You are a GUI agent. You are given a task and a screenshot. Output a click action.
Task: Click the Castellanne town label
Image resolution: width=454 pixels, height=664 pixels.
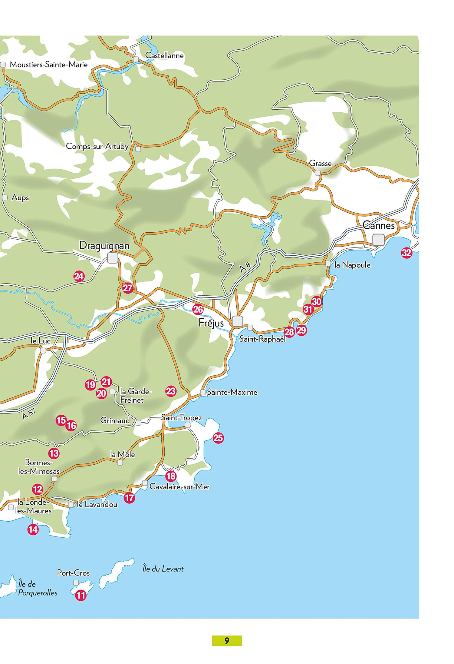[x=164, y=55]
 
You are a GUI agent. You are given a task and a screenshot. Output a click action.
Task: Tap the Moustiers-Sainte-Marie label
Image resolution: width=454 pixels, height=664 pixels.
[x=49, y=65]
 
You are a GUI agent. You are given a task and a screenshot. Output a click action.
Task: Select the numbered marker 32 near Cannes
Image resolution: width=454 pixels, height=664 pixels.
[x=406, y=253]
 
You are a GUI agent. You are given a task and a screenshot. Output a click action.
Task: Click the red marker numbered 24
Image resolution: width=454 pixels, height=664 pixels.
[x=79, y=276]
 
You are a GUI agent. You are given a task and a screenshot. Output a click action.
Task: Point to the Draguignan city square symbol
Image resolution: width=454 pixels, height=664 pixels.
[x=113, y=258]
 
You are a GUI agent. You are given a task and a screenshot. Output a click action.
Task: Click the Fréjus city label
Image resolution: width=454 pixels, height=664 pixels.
[x=211, y=323]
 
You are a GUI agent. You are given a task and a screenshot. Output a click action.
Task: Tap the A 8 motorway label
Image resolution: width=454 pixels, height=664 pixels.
[x=245, y=267]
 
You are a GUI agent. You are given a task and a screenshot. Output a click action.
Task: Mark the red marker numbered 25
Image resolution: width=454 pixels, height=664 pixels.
[x=218, y=438]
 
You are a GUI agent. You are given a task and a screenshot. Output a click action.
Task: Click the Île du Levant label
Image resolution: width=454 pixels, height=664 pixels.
[x=163, y=569]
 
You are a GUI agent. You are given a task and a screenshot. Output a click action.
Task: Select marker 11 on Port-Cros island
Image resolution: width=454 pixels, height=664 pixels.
[x=81, y=596]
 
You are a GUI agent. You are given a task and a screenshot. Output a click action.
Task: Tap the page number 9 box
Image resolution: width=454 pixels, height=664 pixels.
[x=227, y=641]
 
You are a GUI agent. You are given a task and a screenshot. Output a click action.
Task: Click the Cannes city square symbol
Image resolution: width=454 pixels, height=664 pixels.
[x=378, y=239]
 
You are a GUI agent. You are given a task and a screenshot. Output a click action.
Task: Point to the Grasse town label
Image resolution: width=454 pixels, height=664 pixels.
[x=320, y=163]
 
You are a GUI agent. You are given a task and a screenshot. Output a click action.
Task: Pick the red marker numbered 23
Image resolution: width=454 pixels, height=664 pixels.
[x=171, y=391]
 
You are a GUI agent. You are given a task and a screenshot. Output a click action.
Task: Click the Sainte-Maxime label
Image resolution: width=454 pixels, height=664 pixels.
[x=232, y=392]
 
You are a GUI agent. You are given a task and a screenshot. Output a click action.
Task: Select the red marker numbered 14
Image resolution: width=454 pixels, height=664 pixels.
[x=33, y=530]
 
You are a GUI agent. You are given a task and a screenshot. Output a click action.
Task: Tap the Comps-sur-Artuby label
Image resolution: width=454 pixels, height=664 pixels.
[x=97, y=146]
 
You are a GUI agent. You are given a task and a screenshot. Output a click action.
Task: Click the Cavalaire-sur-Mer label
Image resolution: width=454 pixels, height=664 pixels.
[x=179, y=486]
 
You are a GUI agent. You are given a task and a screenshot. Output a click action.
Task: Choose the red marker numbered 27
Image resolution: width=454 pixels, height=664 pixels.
[x=128, y=288]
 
